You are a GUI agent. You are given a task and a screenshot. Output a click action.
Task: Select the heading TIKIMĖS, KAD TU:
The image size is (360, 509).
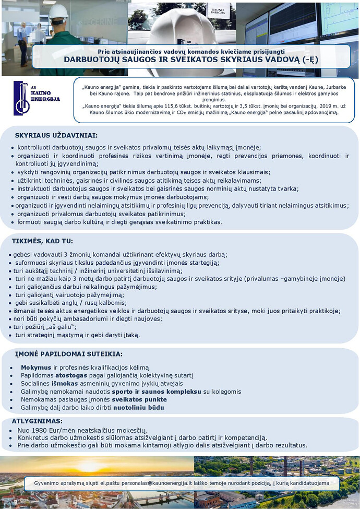click(42, 241)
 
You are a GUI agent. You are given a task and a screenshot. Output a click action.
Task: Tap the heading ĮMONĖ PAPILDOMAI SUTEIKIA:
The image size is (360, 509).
click(68, 354)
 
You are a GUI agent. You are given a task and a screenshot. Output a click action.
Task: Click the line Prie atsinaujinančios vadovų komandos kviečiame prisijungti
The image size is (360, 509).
click(191, 51)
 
